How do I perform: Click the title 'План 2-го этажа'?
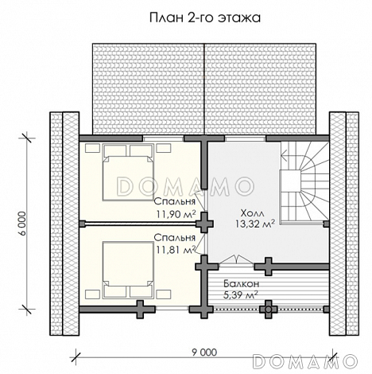(x=205, y=18)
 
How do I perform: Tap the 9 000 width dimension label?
(x=204, y=353)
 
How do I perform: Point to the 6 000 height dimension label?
(x=23, y=224)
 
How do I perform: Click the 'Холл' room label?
(x=252, y=213)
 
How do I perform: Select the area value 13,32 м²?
(x=254, y=224)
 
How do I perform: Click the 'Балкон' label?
(x=241, y=284)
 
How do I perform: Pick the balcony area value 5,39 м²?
(x=241, y=294)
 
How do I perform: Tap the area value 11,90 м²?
(x=176, y=213)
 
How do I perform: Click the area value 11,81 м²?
(x=176, y=249)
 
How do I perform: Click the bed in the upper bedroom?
(x=128, y=172)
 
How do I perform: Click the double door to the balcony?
(x=236, y=259)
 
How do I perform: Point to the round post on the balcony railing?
(x=269, y=310)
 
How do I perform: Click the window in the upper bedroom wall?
(x=163, y=138)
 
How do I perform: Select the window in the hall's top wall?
(x=246, y=138)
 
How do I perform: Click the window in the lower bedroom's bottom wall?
(x=172, y=310)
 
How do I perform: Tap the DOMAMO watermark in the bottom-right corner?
(x=304, y=361)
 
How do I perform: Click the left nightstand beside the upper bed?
(x=92, y=148)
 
